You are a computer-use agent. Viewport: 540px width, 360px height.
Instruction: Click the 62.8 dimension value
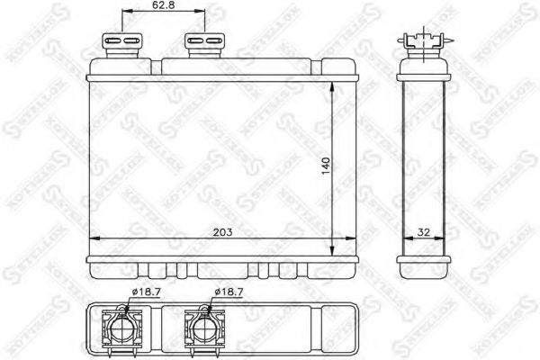(163, 6)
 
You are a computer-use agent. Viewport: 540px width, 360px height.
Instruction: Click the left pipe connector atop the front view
(123, 43)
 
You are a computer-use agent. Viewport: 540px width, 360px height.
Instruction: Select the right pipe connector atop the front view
(204, 43)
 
